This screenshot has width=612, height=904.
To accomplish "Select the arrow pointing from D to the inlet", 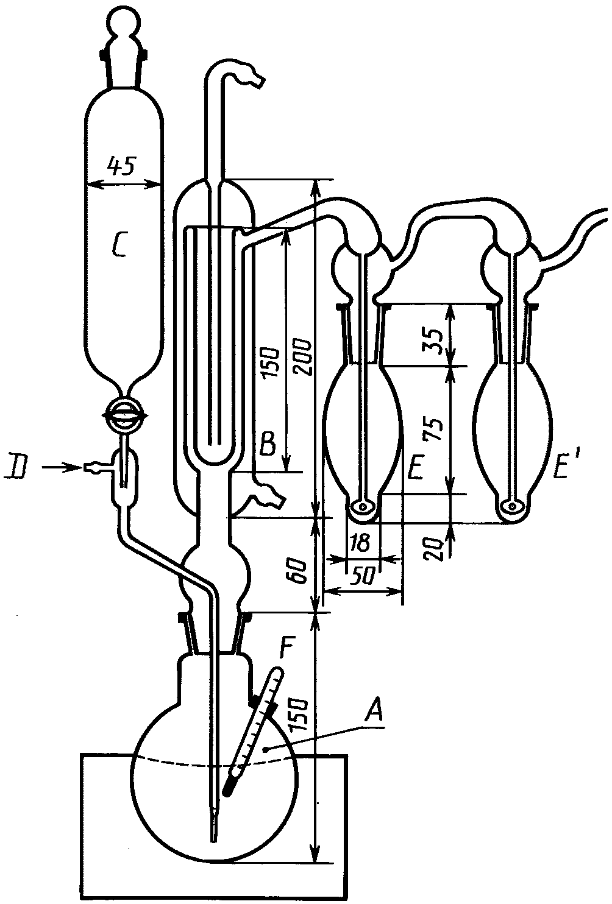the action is pyautogui.click(x=63, y=468).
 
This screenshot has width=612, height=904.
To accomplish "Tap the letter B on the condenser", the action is pyautogui.click(x=267, y=445).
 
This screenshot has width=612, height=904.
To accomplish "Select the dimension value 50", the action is pyautogui.click(x=365, y=576).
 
